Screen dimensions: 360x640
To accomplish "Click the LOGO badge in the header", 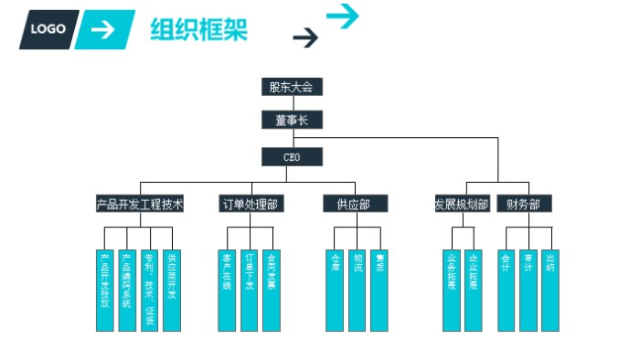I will (x=48, y=29).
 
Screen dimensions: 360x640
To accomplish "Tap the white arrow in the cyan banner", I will (x=105, y=29).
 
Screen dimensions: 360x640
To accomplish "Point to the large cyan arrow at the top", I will (x=343, y=16).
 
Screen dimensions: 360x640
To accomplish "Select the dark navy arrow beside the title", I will (x=305, y=37).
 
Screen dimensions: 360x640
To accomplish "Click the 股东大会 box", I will (x=292, y=87).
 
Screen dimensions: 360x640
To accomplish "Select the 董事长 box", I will (x=292, y=120).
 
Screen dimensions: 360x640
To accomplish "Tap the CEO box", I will (x=292, y=157).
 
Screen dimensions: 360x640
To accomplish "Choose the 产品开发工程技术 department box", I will (x=140, y=204).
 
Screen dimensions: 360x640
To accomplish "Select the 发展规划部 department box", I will (x=461, y=204).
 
